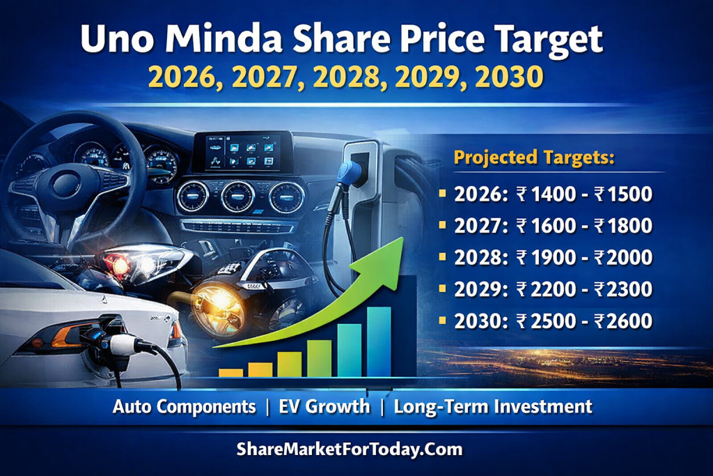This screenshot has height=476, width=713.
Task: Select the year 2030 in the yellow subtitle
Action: tap(508, 77)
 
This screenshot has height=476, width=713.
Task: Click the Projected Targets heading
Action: tap(535, 157)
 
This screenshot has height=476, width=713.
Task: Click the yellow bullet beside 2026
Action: tap(443, 194)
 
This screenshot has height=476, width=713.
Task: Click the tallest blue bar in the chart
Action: tap(379, 341)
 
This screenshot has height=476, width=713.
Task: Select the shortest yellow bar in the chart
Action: tap(230, 372)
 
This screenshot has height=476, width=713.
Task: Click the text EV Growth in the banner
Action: tap(324, 406)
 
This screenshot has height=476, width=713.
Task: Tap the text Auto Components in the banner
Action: tap(185, 406)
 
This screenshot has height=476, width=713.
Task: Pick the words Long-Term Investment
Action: tap(493, 406)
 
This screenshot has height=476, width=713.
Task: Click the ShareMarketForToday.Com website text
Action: tap(350, 449)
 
